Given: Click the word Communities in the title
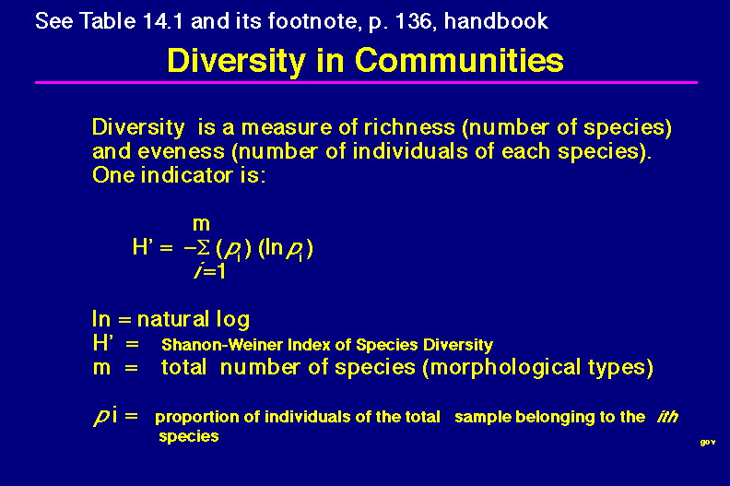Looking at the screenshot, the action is pos(459,61).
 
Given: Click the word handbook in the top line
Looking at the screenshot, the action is pos(496,21).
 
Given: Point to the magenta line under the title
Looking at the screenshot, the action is pos(366,82).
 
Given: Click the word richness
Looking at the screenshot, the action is pos(409,127).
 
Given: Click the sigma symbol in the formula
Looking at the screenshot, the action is pos(203,247).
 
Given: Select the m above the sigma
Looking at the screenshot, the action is pos(201,225).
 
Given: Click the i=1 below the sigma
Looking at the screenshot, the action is pos(210,271).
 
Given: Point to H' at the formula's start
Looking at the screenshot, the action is pos(143,246).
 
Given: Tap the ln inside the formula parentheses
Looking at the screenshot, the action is pos(273,247).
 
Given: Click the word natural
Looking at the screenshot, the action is pos(172,319).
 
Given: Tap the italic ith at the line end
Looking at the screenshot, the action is pos(667,416).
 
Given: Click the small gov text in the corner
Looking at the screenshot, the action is pos(708,443).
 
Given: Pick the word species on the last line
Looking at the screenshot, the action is pos(189,436).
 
